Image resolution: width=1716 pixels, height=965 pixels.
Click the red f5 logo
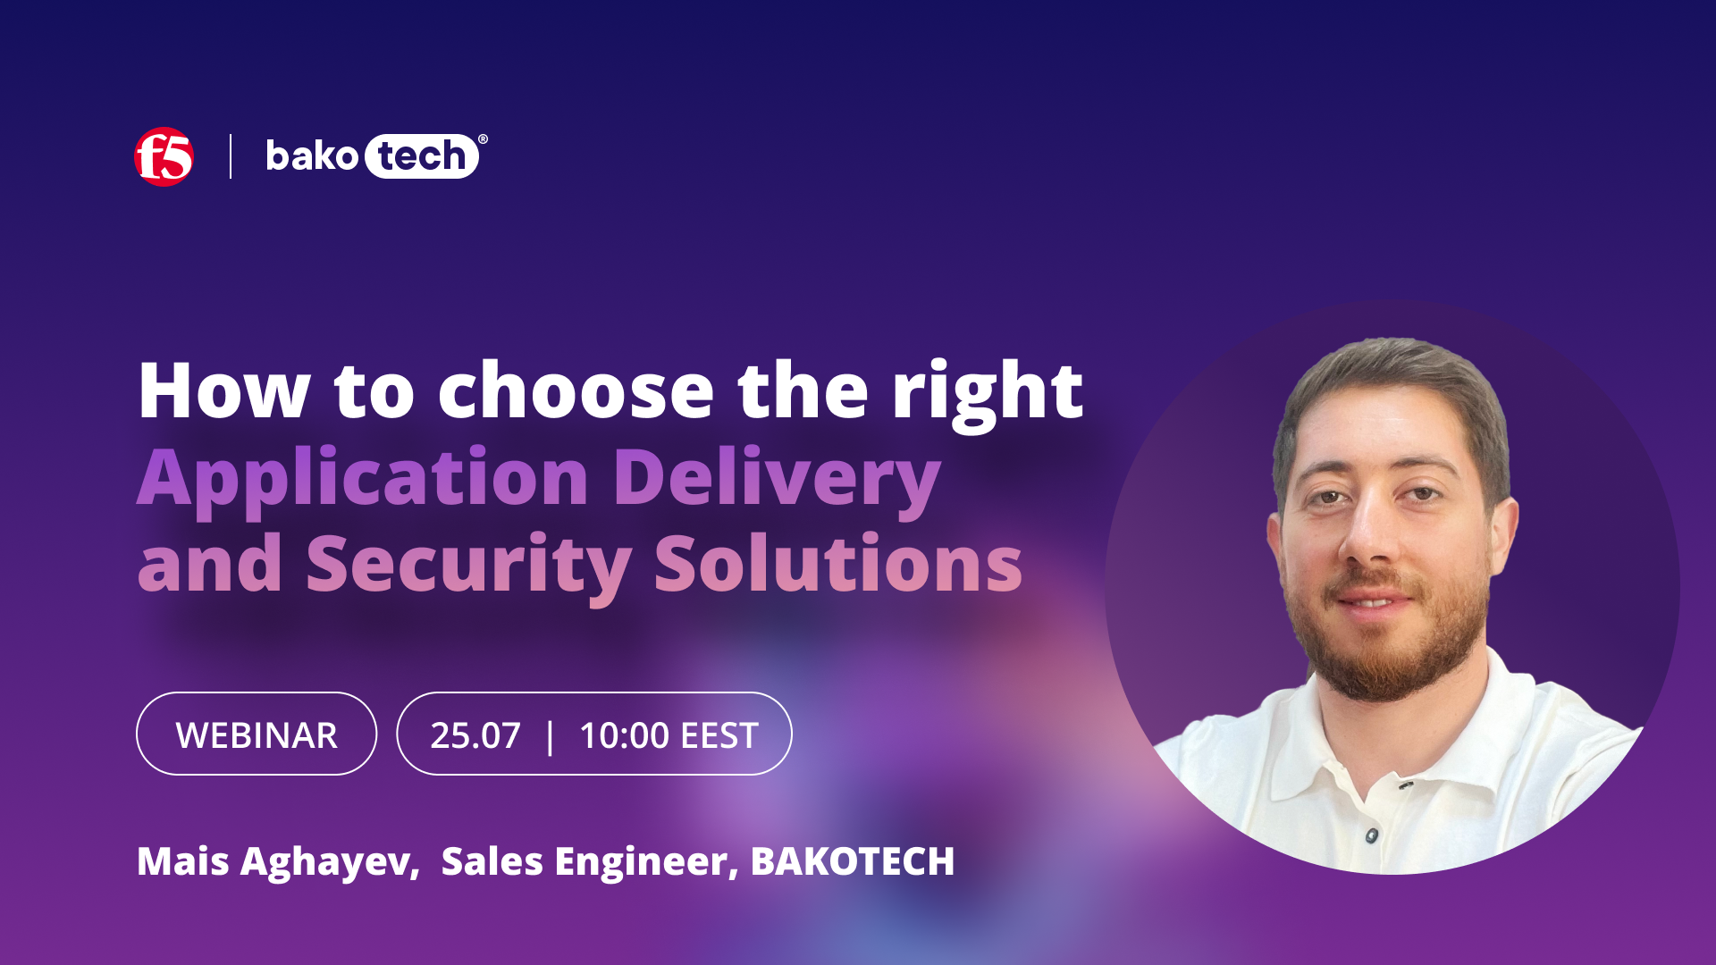click(164, 156)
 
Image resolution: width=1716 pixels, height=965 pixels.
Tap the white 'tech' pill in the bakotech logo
click(421, 156)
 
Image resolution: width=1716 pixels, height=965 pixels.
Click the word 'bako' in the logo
click(312, 156)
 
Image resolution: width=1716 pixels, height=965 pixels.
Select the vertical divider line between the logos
click(231, 156)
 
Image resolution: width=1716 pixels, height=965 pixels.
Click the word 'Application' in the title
click(363, 478)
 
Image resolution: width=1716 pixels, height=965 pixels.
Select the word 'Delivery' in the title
click(776, 478)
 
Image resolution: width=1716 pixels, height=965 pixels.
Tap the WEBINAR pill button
click(257, 734)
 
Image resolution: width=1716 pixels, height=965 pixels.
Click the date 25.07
click(475, 735)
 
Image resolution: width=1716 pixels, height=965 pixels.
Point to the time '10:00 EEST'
click(669, 735)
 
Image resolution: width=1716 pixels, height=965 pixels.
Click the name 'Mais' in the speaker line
click(183, 861)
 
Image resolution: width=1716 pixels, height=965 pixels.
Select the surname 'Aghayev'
click(329, 861)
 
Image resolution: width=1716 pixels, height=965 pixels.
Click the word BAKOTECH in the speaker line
click(853, 861)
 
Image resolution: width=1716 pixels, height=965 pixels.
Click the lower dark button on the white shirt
click(1372, 835)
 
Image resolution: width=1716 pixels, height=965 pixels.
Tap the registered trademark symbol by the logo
click(483, 139)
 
